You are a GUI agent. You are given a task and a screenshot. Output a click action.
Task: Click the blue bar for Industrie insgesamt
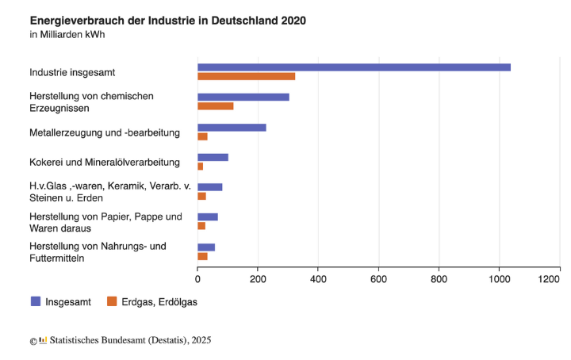tap(354, 67)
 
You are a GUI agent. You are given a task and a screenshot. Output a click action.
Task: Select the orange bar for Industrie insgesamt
tap(246, 77)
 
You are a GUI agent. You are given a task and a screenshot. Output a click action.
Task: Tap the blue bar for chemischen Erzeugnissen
tap(243, 97)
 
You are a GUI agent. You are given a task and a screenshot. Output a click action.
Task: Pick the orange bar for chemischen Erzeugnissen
tap(216, 106)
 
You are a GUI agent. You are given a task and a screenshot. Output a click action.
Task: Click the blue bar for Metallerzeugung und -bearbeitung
tap(232, 127)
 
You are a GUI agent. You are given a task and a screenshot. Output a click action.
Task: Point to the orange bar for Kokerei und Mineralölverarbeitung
tap(201, 167)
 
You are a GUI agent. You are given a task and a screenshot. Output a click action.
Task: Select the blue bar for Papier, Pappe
tap(208, 216)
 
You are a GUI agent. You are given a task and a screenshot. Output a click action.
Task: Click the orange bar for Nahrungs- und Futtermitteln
tap(202, 256)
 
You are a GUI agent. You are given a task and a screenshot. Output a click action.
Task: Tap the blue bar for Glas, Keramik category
tap(210, 187)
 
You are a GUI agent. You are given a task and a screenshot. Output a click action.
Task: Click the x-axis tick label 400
tap(318, 279)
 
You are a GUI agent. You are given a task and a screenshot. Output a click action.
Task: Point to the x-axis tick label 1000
tap(499, 279)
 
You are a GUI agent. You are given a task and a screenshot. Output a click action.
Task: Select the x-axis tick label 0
tap(197, 279)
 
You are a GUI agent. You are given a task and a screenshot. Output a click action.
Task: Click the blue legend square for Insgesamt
tap(36, 301)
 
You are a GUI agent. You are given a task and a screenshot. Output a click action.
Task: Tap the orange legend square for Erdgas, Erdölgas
tap(112, 301)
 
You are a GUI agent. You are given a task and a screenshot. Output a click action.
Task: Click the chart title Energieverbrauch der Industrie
tap(167, 19)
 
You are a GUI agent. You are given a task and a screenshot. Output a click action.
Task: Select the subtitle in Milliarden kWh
tap(67, 34)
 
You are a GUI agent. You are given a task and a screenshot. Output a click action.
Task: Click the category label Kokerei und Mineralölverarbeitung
tap(105, 163)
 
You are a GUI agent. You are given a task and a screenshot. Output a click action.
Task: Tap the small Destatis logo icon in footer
tap(43, 340)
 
